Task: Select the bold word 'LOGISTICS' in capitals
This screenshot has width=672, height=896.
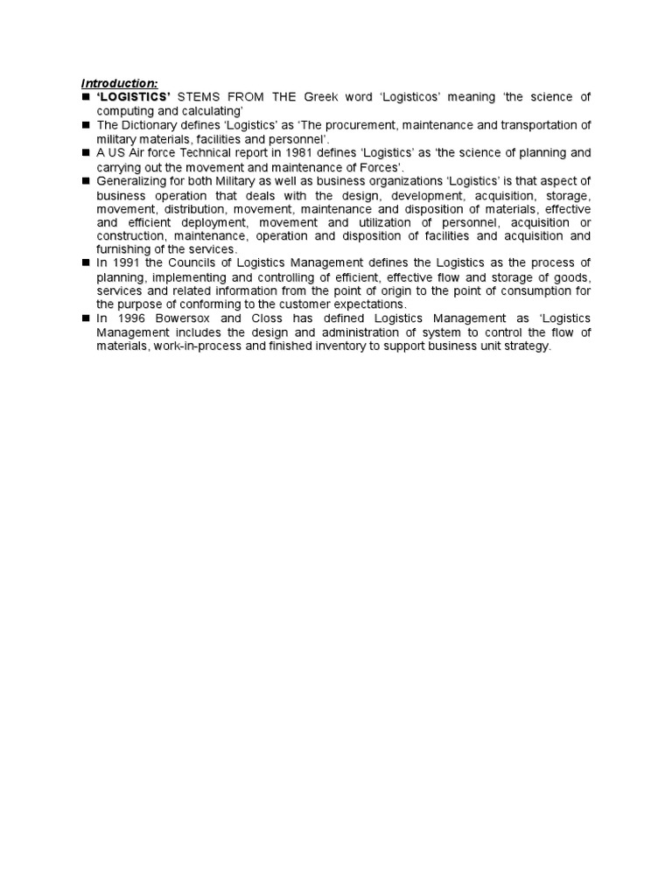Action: coord(133,96)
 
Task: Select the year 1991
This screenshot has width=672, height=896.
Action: coord(124,263)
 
